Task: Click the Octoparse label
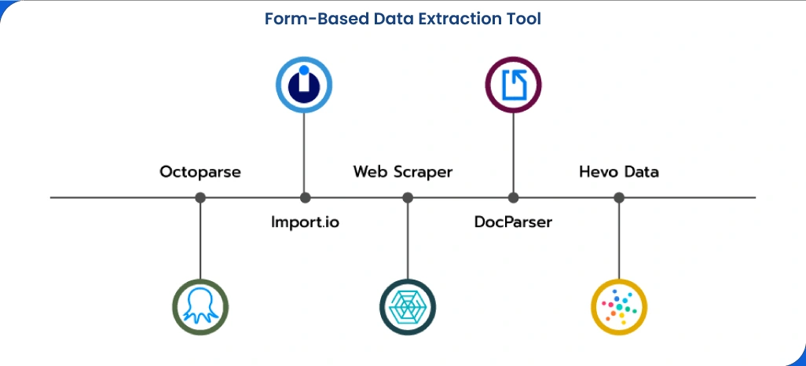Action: [200, 171]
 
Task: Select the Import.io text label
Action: [305, 222]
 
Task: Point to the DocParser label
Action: [513, 222]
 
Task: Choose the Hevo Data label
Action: [619, 171]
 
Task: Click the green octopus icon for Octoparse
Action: [200, 306]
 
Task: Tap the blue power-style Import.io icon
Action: [304, 85]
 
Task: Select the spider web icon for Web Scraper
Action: [407, 306]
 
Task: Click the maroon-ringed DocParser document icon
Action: [513, 85]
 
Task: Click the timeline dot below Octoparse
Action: [200, 198]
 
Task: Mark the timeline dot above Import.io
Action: [305, 198]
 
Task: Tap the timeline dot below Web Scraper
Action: [407, 198]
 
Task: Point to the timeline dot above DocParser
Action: [513, 198]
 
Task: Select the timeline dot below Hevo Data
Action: [619, 198]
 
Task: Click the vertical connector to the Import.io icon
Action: [305, 153]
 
